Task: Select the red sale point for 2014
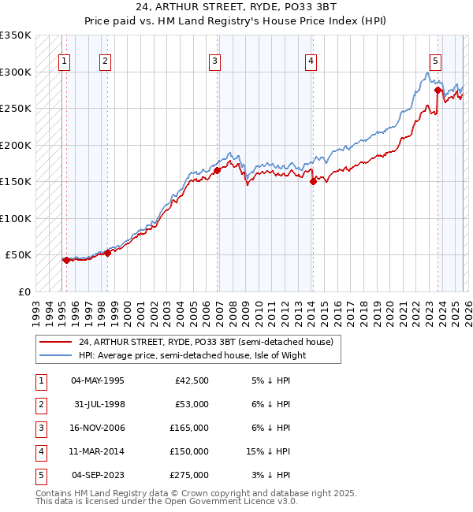click(313, 181)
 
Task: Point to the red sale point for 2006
click(217, 170)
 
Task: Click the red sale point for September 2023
click(437, 90)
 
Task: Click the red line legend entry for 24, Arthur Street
click(206, 342)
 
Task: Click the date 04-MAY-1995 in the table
click(98, 380)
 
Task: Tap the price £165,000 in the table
click(189, 428)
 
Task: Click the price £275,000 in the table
click(189, 475)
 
